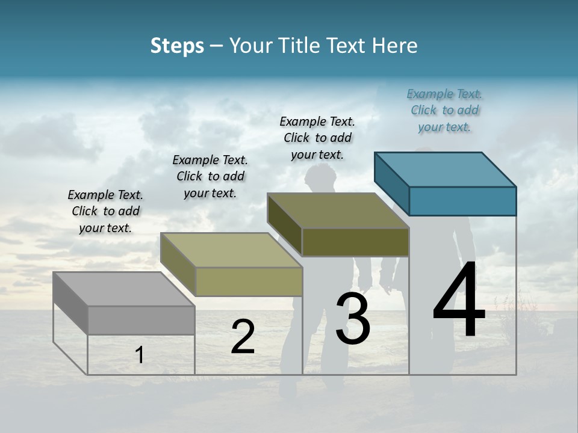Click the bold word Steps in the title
[x=177, y=46]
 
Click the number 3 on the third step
[x=353, y=319]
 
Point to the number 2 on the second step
[x=243, y=337]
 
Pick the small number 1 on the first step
[x=139, y=355]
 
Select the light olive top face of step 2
[x=231, y=250]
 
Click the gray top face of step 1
[x=124, y=289]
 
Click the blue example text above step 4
[x=444, y=111]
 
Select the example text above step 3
[x=317, y=138]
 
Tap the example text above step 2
[x=210, y=177]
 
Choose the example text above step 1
[x=105, y=212]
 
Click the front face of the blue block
[x=462, y=201]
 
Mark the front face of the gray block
[x=141, y=320]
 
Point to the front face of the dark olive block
[x=355, y=242]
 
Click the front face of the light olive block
[x=249, y=281]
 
